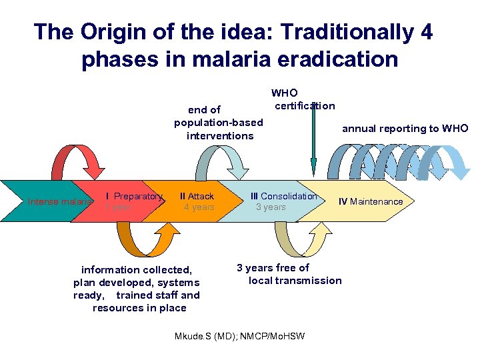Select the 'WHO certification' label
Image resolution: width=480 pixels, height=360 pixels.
pos(303,99)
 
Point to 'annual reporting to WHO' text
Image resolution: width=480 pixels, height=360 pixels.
pos(405,129)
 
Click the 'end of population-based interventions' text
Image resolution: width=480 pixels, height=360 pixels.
pos(218,123)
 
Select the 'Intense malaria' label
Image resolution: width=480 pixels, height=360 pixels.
pos(59,201)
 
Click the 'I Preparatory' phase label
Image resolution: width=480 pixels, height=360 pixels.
pos(134,196)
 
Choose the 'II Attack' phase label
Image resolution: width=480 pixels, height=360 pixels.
pos(197,196)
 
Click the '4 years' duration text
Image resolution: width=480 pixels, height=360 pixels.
pos(199,207)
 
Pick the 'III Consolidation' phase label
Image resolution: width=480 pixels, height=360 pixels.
pos(283,196)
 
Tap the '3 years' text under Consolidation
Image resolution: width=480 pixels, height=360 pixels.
pos(271,207)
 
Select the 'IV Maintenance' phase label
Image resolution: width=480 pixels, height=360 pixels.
pos(370,201)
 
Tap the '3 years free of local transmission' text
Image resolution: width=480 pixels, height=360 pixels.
pos(288,274)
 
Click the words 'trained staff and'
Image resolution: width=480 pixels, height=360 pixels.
pos(157,295)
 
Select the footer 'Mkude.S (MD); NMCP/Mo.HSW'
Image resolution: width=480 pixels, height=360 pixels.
pos(239,336)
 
